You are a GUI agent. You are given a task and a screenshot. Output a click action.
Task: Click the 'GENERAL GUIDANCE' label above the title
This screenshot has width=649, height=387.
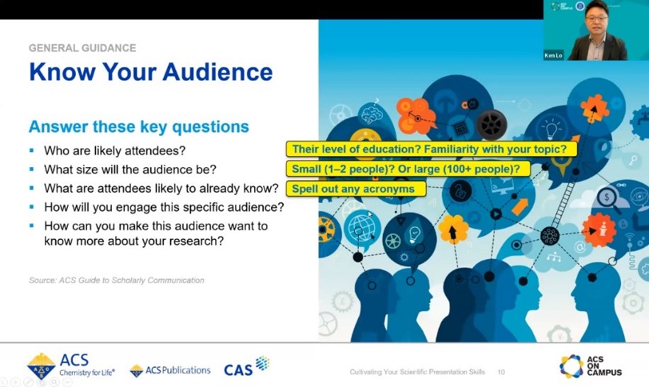[x=82, y=48]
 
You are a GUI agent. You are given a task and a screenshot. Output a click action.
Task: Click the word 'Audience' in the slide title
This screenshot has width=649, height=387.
[x=218, y=72]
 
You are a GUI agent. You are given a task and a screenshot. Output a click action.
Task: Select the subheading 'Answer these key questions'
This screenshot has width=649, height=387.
[x=138, y=126]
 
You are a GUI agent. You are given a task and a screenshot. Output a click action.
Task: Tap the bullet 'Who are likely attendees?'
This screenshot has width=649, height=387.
[x=115, y=151]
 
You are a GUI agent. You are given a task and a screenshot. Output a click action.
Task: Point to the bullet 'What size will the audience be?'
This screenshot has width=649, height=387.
[x=130, y=170]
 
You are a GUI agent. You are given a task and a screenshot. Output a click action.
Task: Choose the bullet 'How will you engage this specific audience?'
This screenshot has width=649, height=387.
[x=164, y=207]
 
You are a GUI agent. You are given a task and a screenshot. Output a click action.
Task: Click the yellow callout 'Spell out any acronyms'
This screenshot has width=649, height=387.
[x=356, y=189]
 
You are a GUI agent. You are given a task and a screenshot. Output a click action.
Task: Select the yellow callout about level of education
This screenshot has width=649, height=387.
[x=431, y=148]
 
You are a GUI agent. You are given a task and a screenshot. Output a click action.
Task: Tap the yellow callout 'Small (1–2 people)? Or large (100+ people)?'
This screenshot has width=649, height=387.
[x=408, y=169]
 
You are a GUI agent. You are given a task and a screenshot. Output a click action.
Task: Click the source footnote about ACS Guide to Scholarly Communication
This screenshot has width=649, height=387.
[x=116, y=280]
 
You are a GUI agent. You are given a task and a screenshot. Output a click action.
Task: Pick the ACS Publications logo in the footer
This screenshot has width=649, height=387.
[x=170, y=371]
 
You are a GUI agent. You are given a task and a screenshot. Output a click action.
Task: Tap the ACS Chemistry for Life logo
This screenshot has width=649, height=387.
[x=71, y=366]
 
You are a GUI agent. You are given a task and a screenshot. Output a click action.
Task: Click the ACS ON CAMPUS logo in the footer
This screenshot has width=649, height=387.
[x=591, y=366]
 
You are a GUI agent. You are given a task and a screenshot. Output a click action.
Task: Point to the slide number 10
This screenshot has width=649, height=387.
[x=501, y=372]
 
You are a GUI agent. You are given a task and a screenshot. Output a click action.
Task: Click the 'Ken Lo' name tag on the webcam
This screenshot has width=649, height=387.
[x=553, y=55]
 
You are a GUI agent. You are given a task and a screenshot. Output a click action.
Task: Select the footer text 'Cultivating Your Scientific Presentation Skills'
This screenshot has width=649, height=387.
[x=417, y=372]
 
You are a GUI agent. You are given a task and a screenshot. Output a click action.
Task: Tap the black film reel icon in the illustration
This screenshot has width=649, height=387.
[x=492, y=124]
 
